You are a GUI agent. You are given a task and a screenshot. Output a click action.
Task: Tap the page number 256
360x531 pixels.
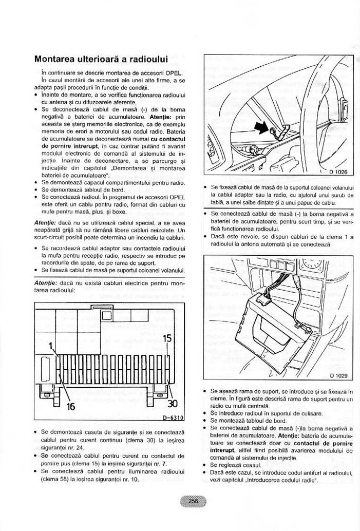coord(193,502)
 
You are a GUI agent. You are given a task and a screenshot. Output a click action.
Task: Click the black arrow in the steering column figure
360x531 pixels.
coord(261,128)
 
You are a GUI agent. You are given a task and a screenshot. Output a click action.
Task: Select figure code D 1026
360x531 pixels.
coord(338,172)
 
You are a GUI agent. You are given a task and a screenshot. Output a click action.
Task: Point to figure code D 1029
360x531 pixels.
coord(338,375)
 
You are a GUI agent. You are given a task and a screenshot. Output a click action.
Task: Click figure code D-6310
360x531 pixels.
coord(173,418)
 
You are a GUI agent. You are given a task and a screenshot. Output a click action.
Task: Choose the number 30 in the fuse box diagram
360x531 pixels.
coord(173,404)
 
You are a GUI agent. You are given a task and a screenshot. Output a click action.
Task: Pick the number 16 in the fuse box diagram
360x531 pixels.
coord(70,406)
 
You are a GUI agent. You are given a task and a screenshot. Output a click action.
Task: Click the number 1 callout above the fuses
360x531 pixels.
coord(51,346)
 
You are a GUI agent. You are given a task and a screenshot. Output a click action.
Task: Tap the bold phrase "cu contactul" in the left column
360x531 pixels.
coord(168,139)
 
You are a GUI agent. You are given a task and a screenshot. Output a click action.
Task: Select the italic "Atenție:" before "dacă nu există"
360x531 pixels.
coord(46,283)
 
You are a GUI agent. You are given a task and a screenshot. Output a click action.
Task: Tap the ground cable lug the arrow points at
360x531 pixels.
coord(274,130)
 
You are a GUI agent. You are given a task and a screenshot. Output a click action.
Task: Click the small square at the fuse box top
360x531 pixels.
coord(106,316)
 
